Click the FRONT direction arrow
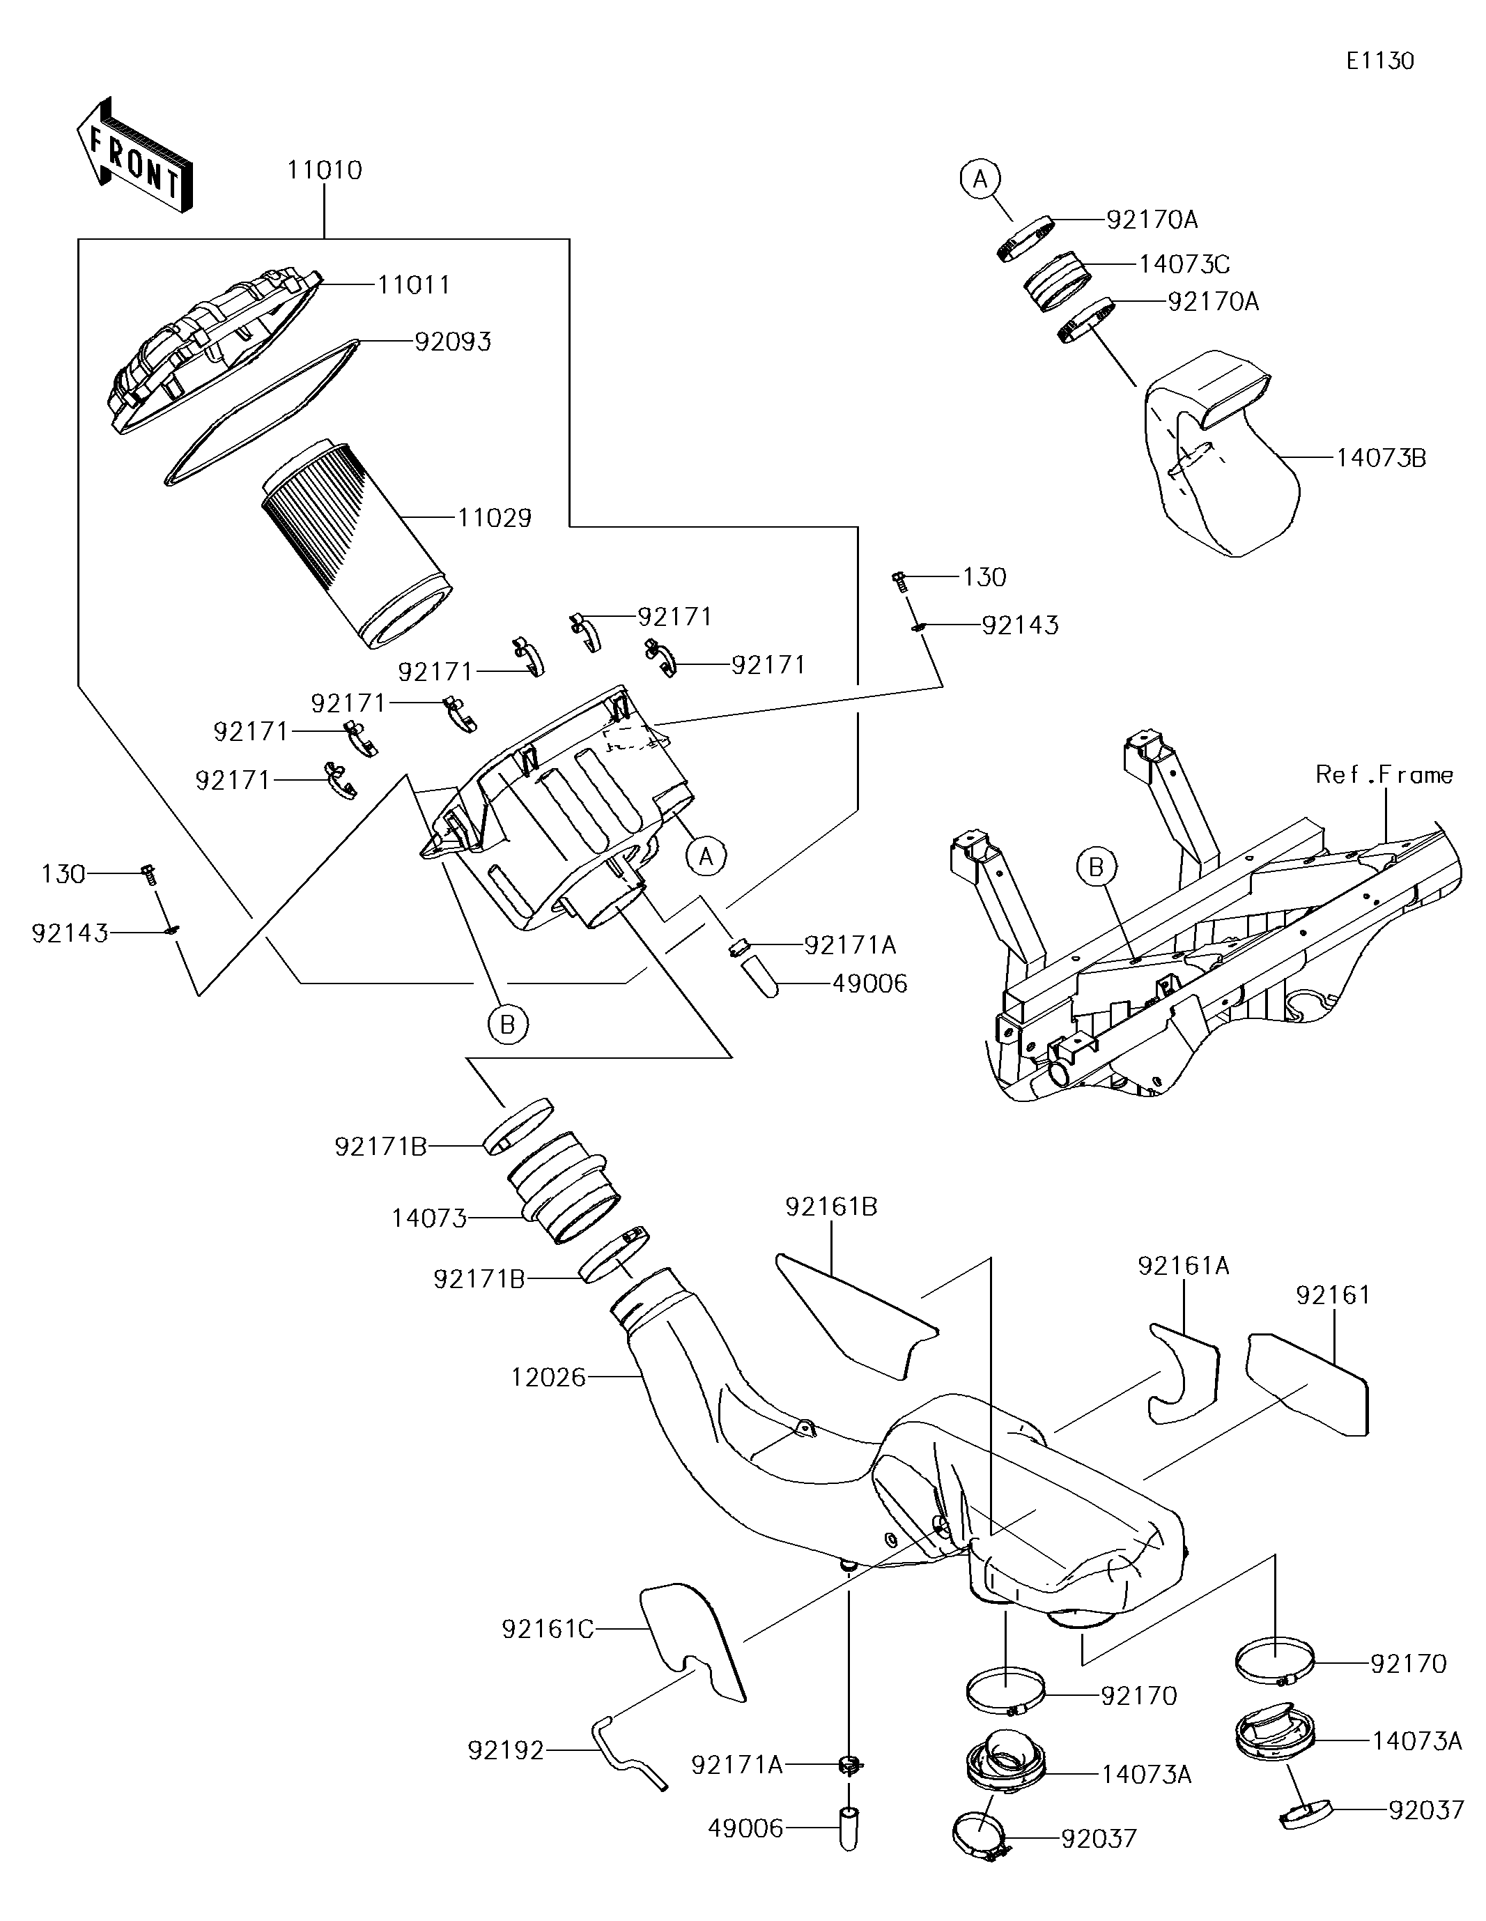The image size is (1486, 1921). click(134, 155)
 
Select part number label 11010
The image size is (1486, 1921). click(325, 170)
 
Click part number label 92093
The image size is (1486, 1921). click(453, 342)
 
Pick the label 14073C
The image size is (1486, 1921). click(1184, 264)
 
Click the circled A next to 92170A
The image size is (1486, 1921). click(980, 179)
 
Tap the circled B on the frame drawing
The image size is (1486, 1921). click(1096, 867)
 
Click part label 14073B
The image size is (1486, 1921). click(1381, 457)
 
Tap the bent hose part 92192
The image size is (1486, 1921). click(628, 1756)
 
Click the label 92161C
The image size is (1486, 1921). click(548, 1630)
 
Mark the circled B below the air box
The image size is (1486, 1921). click(507, 1024)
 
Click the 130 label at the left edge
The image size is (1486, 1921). click(63, 873)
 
